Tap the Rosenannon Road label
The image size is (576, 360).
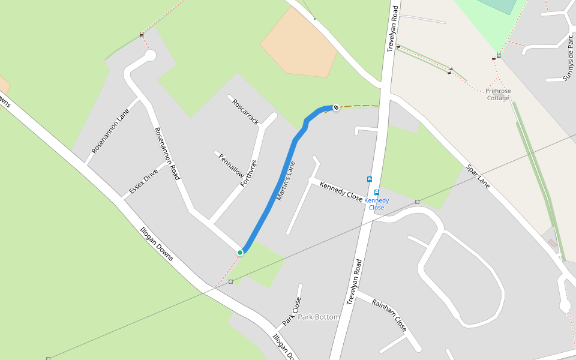(167, 154)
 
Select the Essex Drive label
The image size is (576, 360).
(143, 182)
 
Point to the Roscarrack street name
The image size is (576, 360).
(245, 111)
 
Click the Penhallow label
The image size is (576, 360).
(231, 166)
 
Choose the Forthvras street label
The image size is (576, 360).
(248, 173)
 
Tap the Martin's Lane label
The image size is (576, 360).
(286, 181)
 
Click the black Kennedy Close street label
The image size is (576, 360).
(341, 191)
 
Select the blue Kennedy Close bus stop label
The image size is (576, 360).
(377, 204)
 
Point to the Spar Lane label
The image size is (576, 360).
(478, 178)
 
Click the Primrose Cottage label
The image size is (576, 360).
(498, 94)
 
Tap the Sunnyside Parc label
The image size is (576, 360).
(568, 58)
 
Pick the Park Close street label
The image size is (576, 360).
(292, 311)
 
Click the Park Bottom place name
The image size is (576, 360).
(319, 317)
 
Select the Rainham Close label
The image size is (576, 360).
(389, 315)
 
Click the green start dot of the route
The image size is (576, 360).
(240, 253)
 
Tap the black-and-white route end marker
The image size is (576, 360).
(336, 107)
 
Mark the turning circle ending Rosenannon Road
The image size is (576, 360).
(150, 56)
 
